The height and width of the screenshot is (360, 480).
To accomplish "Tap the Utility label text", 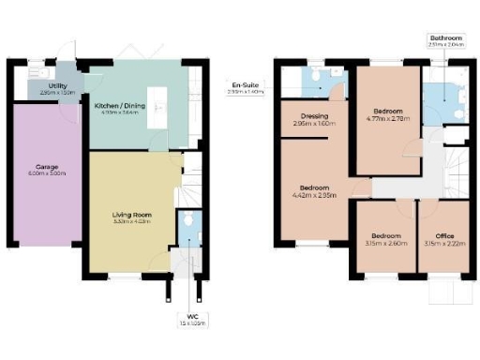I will [56, 85].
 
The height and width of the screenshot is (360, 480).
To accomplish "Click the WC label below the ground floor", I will [191, 315].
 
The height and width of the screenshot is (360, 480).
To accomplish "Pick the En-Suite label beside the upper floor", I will [246, 84].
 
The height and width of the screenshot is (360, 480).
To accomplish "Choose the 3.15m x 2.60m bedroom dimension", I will [385, 244].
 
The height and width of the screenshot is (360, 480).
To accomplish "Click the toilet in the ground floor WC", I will [190, 219].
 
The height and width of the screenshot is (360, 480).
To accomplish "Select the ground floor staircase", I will [190, 178].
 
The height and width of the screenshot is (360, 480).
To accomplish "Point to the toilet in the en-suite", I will [321, 74].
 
